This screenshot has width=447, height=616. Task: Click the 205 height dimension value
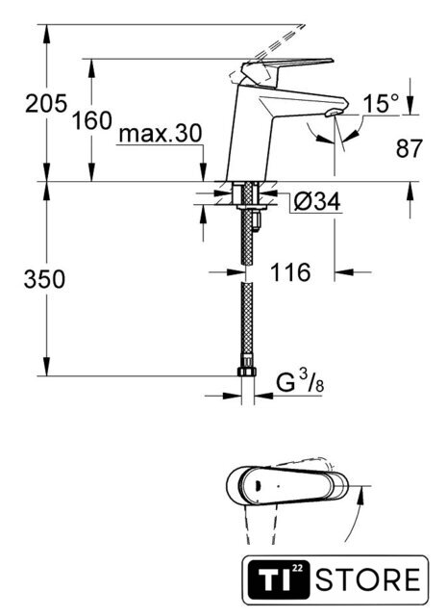[x=46, y=104]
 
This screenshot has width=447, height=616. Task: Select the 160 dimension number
[x=92, y=120]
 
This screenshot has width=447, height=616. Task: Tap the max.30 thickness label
[x=161, y=133]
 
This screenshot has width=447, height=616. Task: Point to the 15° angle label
[x=381, y=104]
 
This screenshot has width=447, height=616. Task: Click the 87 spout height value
[x=409, y=148]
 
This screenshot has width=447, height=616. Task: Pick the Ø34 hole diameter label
[x=317, y=202]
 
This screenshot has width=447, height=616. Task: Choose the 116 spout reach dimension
[x=290, y=271]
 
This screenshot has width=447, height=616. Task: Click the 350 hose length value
[x=44, y=279]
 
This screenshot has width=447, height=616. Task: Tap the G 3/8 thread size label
[x=300, y=382]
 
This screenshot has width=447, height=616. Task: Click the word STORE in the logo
[x=368, y=579]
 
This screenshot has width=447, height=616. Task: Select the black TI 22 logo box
[x=278, y=579]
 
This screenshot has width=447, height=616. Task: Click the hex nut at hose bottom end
[x=247, y=372]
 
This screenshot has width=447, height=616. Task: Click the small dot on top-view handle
[x=279, y=486]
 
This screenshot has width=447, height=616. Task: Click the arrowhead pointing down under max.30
[x=203, y=171]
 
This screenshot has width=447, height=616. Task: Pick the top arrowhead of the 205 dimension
[x=47, y=35]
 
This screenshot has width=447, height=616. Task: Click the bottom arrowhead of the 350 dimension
[x=47, y=366]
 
